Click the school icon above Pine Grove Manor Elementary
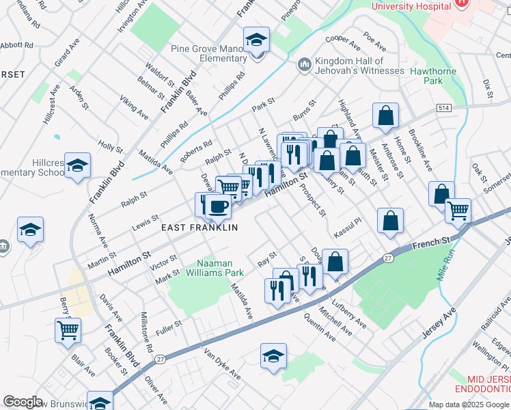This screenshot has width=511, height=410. point(256,40)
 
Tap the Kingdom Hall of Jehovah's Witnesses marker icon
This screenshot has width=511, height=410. point(303,65)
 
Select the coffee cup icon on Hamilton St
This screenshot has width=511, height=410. point(218,206)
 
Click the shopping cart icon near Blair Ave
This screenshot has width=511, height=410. point(68,331)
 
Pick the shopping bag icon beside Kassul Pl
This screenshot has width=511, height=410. point(390,221)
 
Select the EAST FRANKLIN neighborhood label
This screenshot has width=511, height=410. point(199,227)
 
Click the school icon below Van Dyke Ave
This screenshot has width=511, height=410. point(273,356)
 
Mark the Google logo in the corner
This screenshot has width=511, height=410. point(23,402)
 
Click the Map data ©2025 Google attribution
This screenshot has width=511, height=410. point(468,405)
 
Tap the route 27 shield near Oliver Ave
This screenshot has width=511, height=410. point(160,359)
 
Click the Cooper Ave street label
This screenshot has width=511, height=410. point(343,42)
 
